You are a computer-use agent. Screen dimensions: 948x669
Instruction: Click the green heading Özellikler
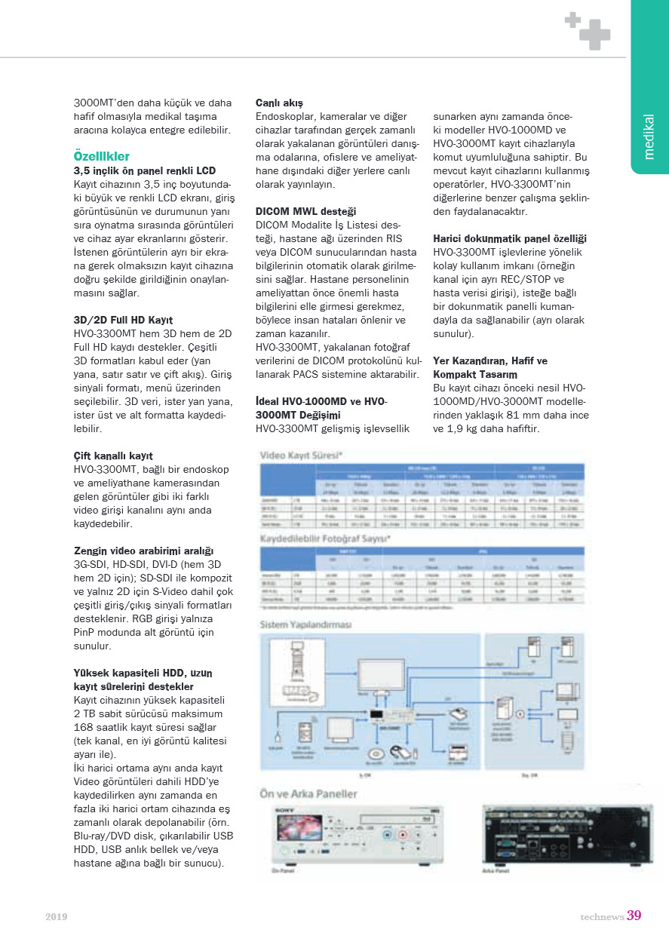coord(102,156)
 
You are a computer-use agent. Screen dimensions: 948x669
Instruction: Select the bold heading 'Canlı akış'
coord(279,102)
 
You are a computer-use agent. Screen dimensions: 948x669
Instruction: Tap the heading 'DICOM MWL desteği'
coord(305,211)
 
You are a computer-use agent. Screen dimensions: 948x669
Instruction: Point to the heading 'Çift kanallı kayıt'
coord(113,456)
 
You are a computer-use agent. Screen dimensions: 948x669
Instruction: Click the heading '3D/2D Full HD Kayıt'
coord(124,320)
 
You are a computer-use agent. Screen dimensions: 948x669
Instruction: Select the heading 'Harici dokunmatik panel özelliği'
coord(510,238)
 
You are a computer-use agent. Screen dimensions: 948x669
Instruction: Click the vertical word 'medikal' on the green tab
coord(649,136)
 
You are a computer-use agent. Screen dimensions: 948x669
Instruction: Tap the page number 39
coord(634,916)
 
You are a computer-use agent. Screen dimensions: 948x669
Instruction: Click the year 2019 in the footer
coord(57,916)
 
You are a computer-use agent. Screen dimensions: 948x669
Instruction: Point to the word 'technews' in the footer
coord(602,916)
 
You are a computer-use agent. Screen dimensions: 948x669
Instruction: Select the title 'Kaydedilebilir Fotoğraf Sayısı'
coord(324,539)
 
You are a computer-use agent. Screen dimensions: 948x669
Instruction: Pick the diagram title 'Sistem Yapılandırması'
coord(306,624)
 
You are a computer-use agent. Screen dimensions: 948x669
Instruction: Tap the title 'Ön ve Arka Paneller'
coord(308,793)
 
